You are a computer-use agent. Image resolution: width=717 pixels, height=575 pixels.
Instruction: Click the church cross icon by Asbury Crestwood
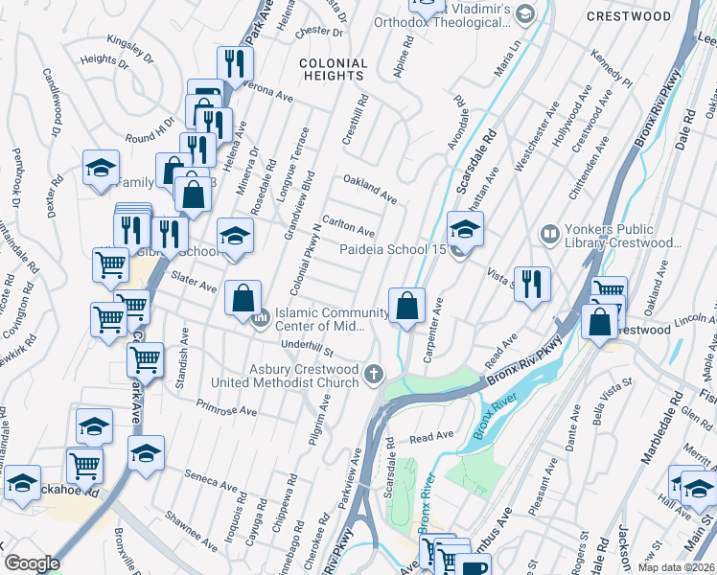click(373, 375)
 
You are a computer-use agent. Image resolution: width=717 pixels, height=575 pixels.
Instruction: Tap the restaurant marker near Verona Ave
click(234, 64)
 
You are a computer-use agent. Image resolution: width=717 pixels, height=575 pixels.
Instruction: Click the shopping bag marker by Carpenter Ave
click(407, 307)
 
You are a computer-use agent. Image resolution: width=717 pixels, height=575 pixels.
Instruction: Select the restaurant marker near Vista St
click(532, 284)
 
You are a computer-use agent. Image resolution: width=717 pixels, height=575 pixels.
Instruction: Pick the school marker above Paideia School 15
click(465, 229)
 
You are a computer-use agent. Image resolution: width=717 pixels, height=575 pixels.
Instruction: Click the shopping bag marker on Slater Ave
click(243, 297)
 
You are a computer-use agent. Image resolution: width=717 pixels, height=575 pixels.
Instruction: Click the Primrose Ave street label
click(227, 410)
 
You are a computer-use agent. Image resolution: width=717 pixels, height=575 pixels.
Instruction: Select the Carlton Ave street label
click(348, 227)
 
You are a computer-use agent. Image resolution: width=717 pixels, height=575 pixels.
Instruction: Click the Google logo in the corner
click(32, 563)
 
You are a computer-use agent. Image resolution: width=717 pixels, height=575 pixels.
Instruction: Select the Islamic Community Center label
click(332, 319)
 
